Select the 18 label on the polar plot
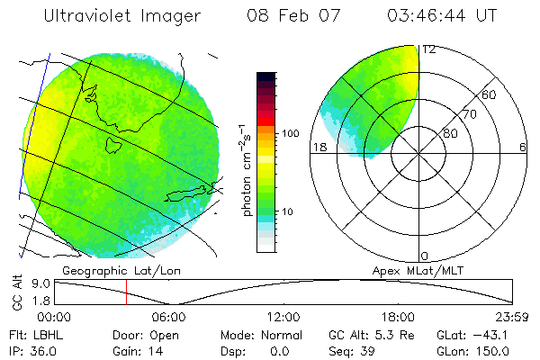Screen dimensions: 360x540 coord(318,147)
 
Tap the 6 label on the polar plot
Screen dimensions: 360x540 coord(523,147)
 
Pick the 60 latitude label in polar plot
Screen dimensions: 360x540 coord(490,95)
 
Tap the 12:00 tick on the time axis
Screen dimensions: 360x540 coord(283,317)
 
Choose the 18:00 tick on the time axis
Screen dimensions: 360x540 coord(398,317)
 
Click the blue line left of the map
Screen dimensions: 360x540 coord(34,126)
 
